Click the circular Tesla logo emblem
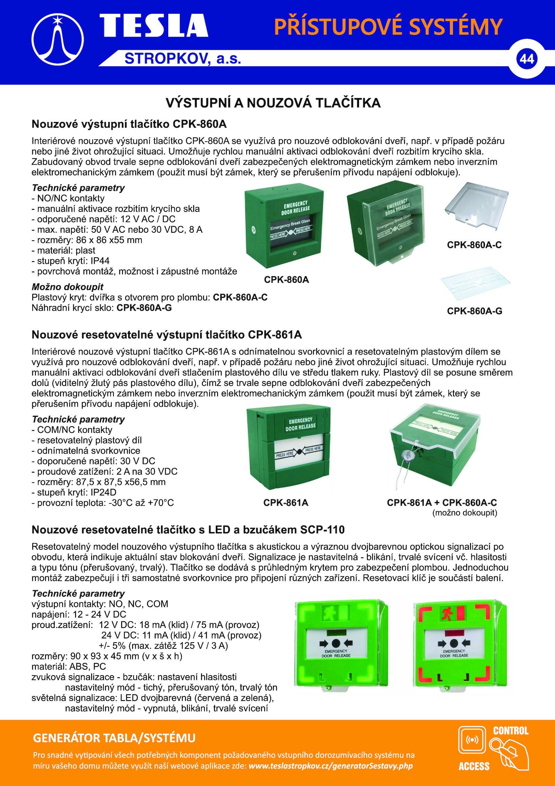point(58,39)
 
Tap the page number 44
point(527,59)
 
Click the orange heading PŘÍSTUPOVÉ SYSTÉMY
point(388,27)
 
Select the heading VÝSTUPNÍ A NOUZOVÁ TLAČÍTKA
point(273,103)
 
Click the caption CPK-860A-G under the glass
point(474,311)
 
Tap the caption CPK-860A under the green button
point(286,280)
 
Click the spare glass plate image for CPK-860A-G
point(475,283)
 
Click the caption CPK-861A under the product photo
point(285,503)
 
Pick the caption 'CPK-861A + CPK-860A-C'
point(442,503)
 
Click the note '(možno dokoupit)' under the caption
point(464,513)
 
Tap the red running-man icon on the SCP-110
point(447,614)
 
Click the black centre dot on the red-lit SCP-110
point(454,643)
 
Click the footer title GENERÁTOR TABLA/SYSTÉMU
point(114,738)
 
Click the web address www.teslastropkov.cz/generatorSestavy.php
point(331,766)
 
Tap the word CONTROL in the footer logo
point(511,731)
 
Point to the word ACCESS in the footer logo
point(474,766)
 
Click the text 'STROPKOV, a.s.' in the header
point(182,59)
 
